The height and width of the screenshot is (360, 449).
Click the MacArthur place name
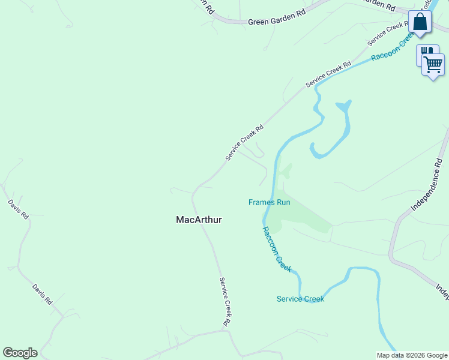(199, 220)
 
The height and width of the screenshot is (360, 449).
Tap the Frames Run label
(270, 202)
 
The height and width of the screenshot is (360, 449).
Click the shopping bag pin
(420, 22)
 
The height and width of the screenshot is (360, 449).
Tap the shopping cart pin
(433, 63)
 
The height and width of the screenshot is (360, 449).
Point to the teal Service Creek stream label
(300, 299)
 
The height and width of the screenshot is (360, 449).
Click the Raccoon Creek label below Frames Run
(277, 250)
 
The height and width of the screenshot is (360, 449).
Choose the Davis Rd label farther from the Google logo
(19, 209)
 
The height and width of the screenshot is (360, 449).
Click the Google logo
(20, 353)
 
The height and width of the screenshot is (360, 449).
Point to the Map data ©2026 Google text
(412, 355)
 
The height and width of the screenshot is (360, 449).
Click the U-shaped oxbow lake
(333, 132)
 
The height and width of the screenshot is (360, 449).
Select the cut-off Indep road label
(443, 291)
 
